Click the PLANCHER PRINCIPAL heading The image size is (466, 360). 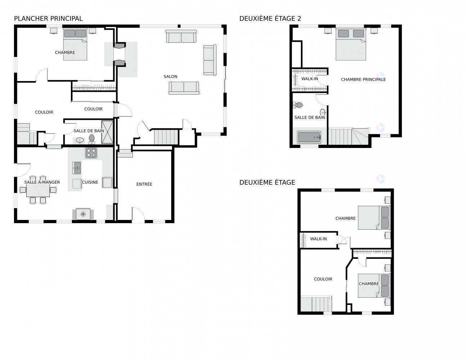pyautogui.click(x=48, y=19)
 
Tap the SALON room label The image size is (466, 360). pyautogui.click(x=170, y=76)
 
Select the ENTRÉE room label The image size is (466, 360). pyautogui.click(x=144, y=184)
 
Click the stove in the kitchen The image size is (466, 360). pyautogui.click(x=91, y=153)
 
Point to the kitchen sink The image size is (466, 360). pyautogui.click(x=77, y=168)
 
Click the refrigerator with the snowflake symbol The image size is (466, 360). pyautogui.click(x=83, y=214)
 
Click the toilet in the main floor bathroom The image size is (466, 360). pyautogui.click(x=91, y=139)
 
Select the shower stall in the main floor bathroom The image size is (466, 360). pyautogui.click(x=107, y=132)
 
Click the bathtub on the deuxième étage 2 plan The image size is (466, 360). pyautogui.click(x=309, y=137)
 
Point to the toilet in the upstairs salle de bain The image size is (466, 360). pyautogui.click(x=298, y=105)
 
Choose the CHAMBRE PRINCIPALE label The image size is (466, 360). pyautogui.click(x=363, y=80)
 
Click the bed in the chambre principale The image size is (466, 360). pyautogui.click(x=350, y=44)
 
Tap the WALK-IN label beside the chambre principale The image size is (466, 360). pyautogui.click(x=309, y=79)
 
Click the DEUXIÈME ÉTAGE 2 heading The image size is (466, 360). pyautogui.click(x=270, y=19)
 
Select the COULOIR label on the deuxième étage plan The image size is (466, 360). pyautogui.click(x=323, y=279)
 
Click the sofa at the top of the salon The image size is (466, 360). pyautogui.click(x=181, y=36)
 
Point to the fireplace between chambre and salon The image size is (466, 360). pyautogui.click(x=119, y=54)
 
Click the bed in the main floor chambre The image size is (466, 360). pyautogui.click(x=75, y=44)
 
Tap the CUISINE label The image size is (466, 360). pyautogui.click(x=90, y=182)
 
